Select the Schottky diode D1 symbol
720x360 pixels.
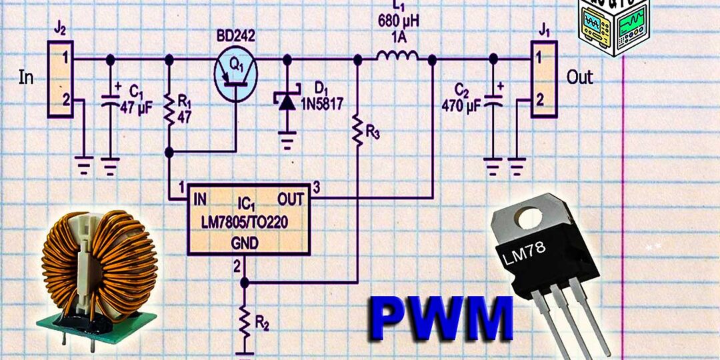pyautogui.click(x=287, y=101)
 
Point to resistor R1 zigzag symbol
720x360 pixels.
pyautogui.click(x=169, y=111)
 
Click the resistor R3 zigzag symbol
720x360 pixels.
pyautogui.click(x=357, y=129)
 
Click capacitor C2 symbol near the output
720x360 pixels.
pyautogui.click(x=493, y=102)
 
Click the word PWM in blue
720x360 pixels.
pyautogui.click(x=442, y=319)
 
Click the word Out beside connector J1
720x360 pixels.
pyautogui.click(x=579, y=77)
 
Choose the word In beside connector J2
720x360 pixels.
pyautogui.click(x=26, y=78)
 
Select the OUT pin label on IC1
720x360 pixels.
pyautogui.click(x=292, y=199)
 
